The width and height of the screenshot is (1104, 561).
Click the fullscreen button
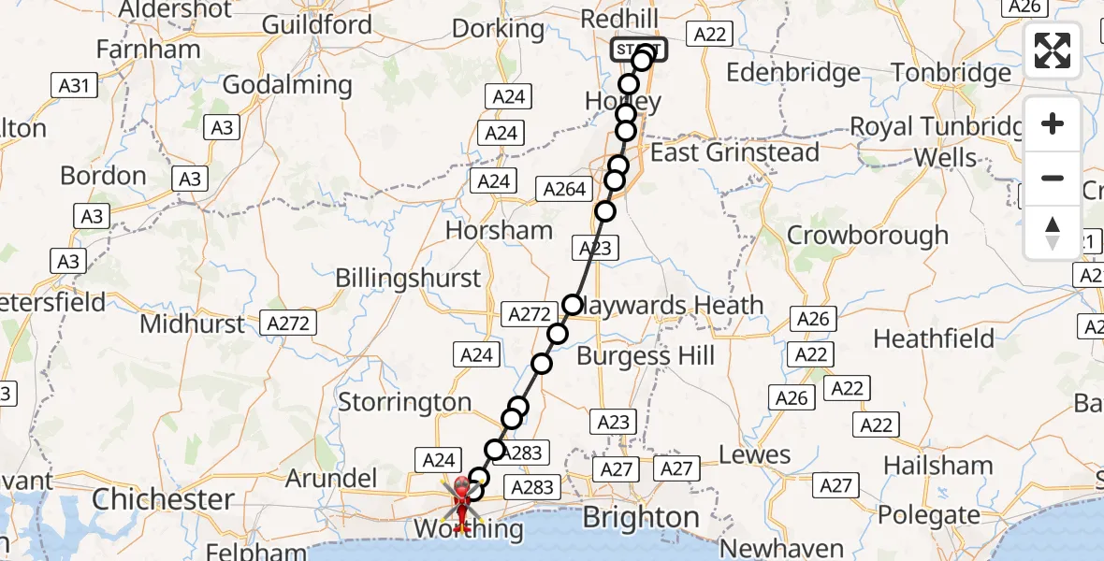(x=1053, y=50)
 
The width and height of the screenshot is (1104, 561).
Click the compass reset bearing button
(x=1053, y=233)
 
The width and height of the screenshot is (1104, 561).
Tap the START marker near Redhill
(x=639, y=49)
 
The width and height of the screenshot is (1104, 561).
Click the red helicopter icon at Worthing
(x=462, y=500)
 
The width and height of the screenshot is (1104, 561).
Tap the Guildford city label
(x=317, y=24)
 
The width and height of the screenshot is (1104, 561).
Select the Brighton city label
(x=641, y=517)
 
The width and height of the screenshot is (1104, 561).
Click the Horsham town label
(x=499, y=230)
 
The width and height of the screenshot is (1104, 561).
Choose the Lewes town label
(x=754, y=455)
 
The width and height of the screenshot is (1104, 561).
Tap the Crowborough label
(x=867, y=235)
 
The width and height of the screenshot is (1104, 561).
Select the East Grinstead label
(x=734, y=152)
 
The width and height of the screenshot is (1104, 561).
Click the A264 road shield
(x=565, y=189)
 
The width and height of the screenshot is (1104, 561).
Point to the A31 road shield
(x=75, y=87)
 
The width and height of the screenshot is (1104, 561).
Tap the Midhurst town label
(x=192, y=324)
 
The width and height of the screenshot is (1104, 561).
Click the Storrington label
(x=404, y=402)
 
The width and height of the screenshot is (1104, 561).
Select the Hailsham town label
(x=937, y=465)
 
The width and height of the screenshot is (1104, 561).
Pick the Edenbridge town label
(x=792, y=73)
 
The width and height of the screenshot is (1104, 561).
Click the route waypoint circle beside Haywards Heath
(x=573, y=305)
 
